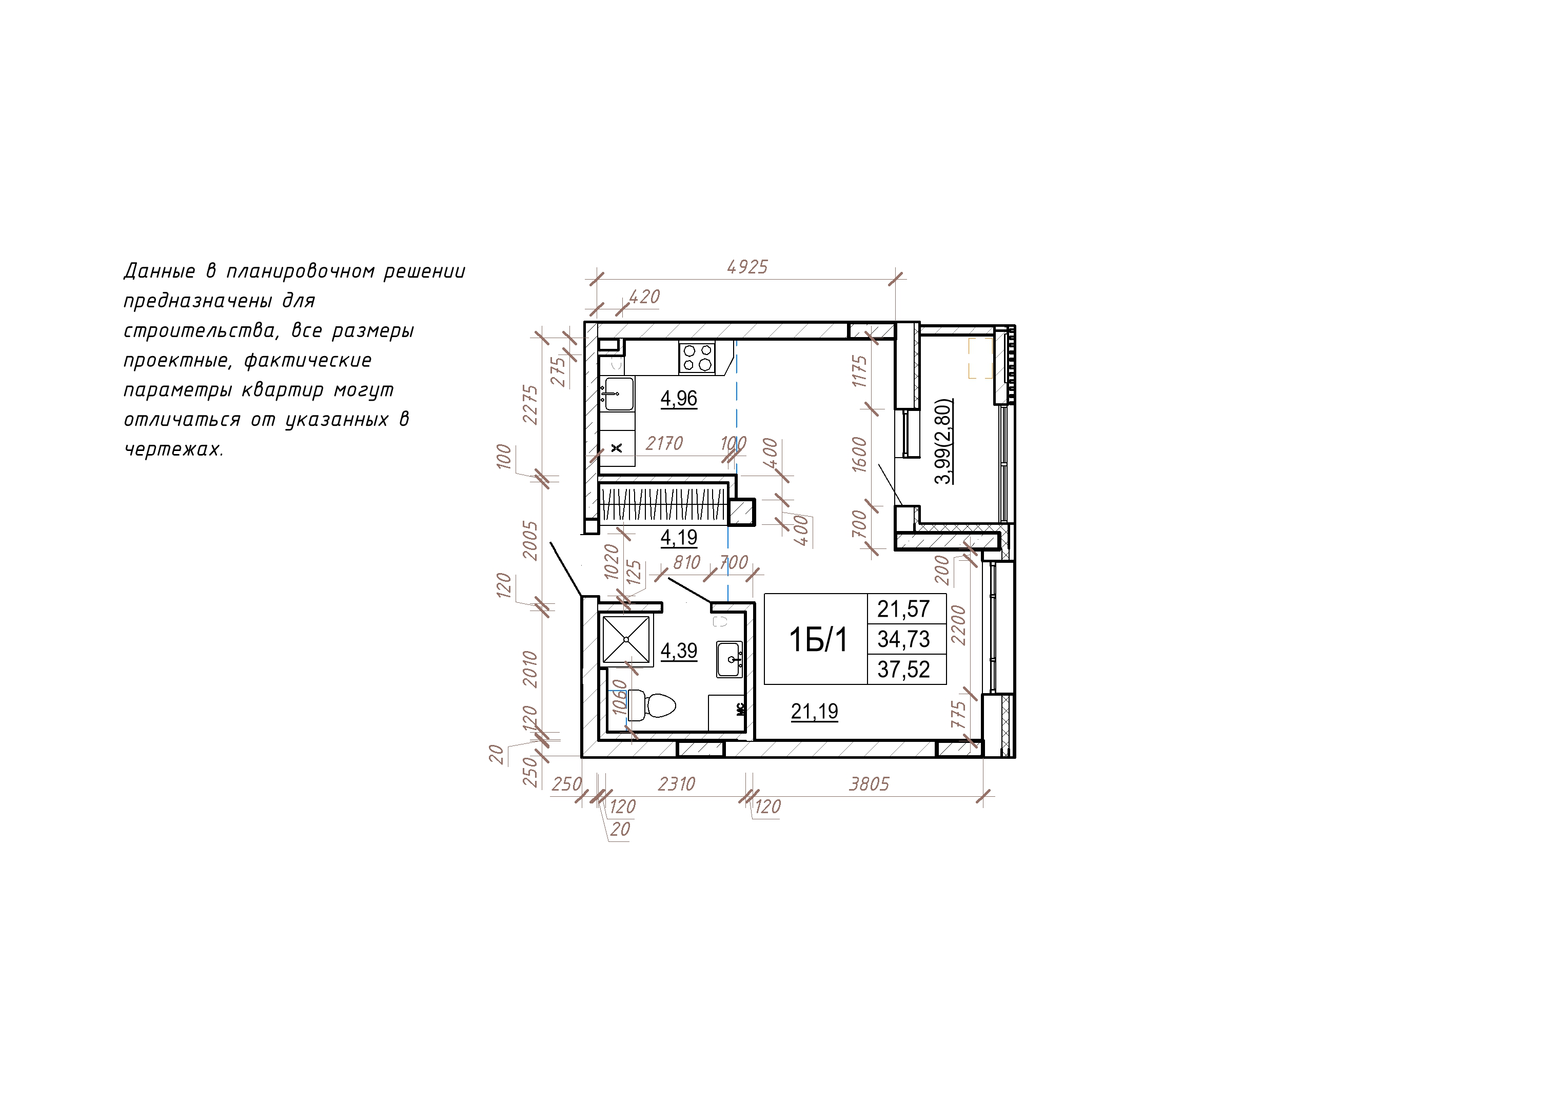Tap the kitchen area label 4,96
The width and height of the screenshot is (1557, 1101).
[679, 398]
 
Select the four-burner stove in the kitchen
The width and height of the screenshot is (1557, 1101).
[697, 358]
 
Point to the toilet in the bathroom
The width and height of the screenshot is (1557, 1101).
[651, 705]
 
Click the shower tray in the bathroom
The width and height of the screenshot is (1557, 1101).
[626, 639]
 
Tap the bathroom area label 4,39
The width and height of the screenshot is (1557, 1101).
[679, 651]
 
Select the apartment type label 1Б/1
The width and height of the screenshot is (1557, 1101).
[818, 640]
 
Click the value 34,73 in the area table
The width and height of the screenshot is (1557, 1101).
[903, 639]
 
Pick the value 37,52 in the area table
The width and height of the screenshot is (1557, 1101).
[903, 670]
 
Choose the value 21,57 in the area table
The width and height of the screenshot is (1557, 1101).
[903, 609]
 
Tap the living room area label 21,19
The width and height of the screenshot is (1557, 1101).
[815, 712]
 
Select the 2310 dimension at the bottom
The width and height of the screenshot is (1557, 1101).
[677, 784]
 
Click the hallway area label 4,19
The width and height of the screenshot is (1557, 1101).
[679, 537]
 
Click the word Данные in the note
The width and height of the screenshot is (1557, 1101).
[160, 271]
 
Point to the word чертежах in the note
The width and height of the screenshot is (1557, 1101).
[173, 449]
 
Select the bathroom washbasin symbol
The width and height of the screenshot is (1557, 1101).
[730, 659]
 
